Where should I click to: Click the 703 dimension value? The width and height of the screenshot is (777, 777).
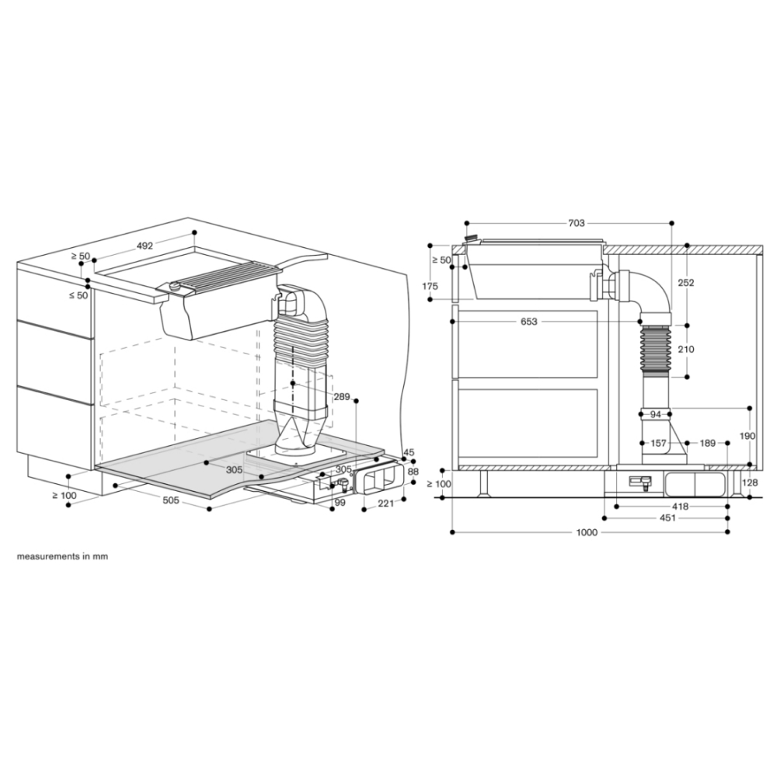point(577,223)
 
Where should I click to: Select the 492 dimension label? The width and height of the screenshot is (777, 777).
point(145,246)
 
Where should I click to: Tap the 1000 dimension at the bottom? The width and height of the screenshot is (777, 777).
point(587,532)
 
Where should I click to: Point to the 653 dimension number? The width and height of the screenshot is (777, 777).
point(528,322)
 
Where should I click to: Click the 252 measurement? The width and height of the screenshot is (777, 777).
point(686,283)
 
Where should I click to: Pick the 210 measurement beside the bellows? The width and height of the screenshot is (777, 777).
point(686,350)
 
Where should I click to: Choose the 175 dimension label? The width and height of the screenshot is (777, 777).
point(430,286)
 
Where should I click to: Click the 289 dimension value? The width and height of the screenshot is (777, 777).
point(342,397)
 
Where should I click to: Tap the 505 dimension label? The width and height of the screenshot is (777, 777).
point(170,500)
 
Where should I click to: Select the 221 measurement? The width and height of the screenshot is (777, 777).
point(385,503)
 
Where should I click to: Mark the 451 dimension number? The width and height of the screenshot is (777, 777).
point(667,517)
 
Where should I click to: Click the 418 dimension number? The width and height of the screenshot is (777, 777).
point(681,507)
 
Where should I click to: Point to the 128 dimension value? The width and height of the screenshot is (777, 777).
point(751,483)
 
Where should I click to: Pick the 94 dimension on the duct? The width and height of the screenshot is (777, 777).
point(655,414)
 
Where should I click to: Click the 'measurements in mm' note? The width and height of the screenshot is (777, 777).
point(62,556)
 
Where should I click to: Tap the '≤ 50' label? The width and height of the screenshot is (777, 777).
point(78,295)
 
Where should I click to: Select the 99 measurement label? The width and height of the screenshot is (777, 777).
point(340,503)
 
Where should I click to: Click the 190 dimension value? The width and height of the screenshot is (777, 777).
point(747,436)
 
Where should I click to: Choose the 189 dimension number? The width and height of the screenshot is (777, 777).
point(707,443)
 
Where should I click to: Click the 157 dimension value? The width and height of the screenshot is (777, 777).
point(659,443)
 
